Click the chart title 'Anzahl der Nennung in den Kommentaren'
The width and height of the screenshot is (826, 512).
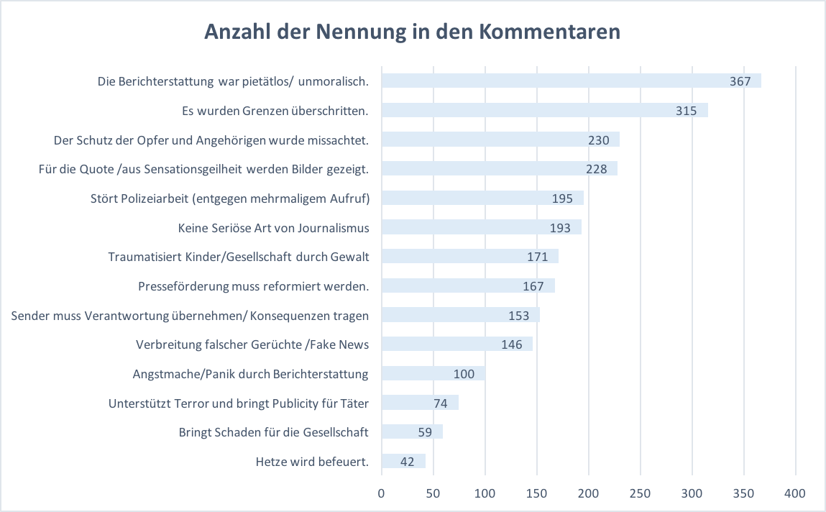click(413, 32)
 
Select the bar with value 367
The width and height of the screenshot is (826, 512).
click(572, 81)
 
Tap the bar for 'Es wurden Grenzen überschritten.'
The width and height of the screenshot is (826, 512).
click(545, 110)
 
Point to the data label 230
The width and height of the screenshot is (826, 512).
click(598, 140)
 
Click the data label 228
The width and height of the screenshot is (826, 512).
click(597, 169)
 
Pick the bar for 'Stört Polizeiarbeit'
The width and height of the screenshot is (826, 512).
click(482, 198)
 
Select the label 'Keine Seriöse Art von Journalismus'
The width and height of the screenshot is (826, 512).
click(273, 227)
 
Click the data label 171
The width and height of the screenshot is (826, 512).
click(537, 257)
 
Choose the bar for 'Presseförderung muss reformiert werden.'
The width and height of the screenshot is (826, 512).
click(468, 285)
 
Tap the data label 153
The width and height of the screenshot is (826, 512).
click(518, 316)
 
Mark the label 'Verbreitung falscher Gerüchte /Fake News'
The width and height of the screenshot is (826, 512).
click(252, 344)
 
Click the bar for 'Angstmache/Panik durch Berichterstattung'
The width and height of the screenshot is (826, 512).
click(433, 373)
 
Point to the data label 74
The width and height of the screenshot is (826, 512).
click(441, 403)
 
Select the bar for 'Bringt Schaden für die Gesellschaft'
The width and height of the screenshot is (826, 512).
click(413, 432)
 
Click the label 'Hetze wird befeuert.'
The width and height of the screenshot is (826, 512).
click(312, 462)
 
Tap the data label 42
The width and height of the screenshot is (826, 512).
click(407, 462)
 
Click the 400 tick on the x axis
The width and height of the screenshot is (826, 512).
click(795, 493)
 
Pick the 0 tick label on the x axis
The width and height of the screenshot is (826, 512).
click(382, 493)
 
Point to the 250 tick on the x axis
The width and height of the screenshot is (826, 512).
click(640, 493)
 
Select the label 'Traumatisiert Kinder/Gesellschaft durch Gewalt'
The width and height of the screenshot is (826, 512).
click(239, 257)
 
